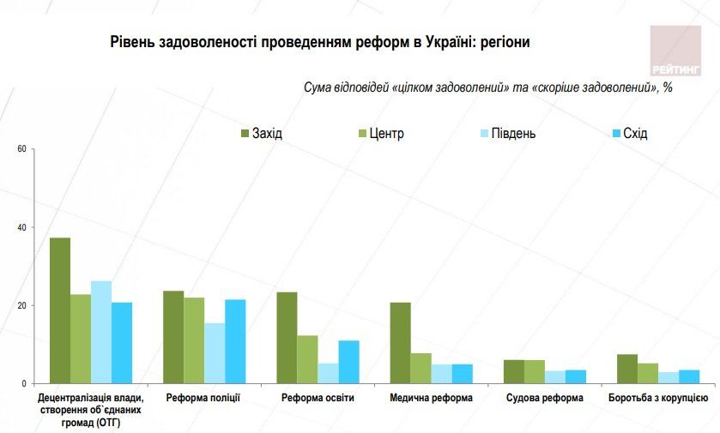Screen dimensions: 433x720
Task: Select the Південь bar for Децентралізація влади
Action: tap(101, 332)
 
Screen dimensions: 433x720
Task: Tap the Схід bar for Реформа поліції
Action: tap(235, 341)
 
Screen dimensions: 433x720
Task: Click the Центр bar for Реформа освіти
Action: tap(307, 359)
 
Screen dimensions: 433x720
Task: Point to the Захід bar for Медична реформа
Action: tap(400, 343)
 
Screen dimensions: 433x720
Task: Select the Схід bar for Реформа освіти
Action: tap(348, 362)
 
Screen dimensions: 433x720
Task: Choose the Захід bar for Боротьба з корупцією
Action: tap(627, 369)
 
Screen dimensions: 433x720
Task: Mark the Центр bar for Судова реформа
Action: tap(534, 371)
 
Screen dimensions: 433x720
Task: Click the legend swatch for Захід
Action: tap(245, 134)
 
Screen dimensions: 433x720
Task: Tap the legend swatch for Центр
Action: tap(362, 134)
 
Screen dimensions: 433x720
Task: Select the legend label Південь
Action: tap(513, 134)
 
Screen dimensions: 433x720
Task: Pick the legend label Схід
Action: tap(635, 134)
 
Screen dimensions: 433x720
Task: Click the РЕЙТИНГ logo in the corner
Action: tap(675, 51)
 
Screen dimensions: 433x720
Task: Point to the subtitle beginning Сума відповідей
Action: tap(487, 88)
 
